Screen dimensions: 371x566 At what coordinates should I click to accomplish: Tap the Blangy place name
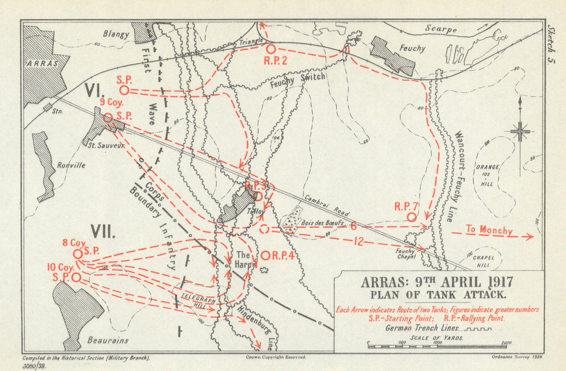(116, 34)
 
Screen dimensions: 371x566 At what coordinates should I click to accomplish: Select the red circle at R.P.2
(271, 49)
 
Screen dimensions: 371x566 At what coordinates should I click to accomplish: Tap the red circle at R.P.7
(411, 217)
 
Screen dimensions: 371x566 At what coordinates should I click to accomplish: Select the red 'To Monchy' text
(490, 230)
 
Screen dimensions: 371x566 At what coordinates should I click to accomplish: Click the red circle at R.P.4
(265, 256)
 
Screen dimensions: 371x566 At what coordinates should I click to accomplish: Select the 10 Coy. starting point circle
(76, 277)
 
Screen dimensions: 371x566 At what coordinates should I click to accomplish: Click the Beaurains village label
(109, 340)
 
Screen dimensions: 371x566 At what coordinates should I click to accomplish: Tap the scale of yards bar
(436, 346)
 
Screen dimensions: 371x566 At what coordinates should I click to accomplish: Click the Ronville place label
(71, 166)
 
